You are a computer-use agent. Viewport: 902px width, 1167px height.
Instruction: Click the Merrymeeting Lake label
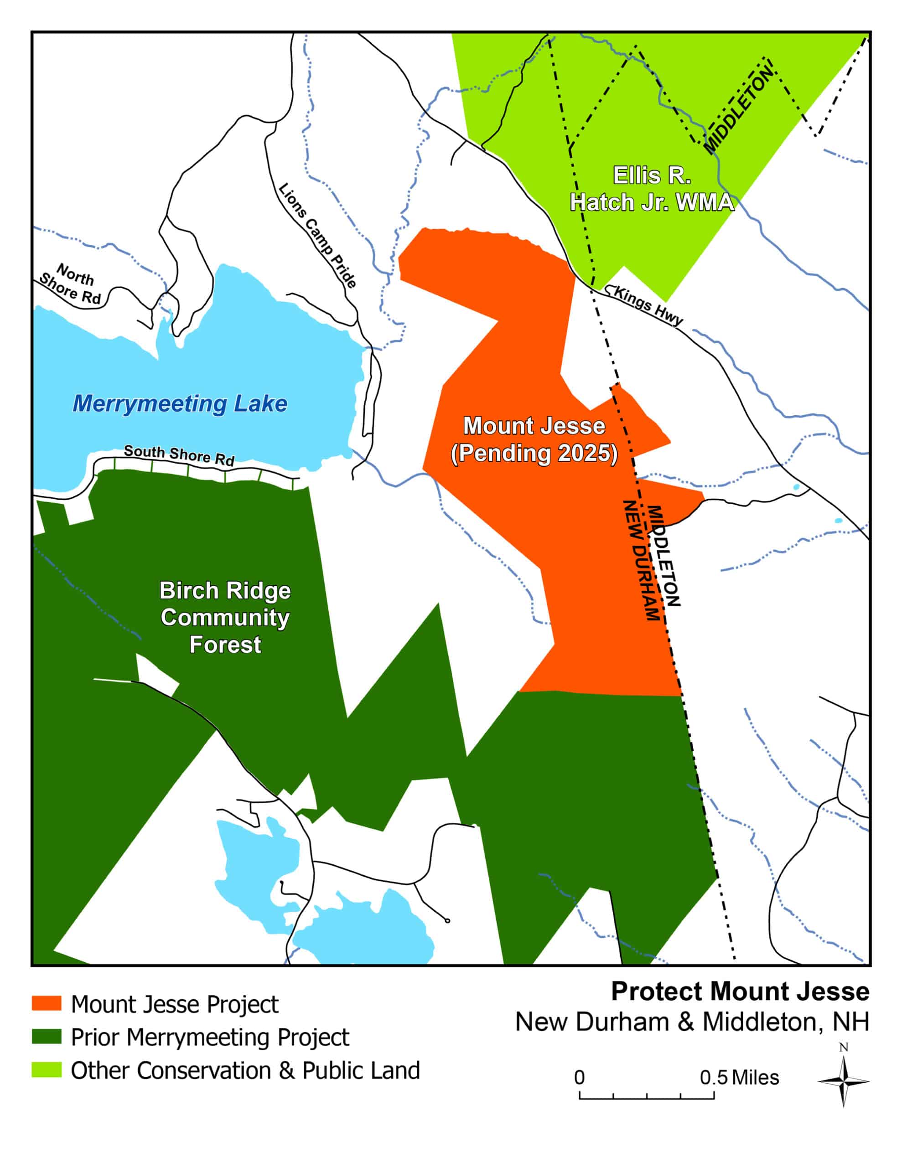click(x=180, y=404)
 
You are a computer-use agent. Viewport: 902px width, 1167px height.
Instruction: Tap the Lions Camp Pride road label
click(x=317, y=236)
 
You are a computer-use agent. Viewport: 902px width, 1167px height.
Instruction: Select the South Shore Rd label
click(x=179, y=455)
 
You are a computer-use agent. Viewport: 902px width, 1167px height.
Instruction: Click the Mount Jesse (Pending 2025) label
click(x=534, y=439)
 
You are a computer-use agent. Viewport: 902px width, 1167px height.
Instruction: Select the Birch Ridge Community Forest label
click(x=225, y=617)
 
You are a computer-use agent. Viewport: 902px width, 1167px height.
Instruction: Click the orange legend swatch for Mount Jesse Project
click(x=47, y=1003)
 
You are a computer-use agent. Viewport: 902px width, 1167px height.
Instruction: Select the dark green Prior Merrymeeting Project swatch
click(x=47, y=1036)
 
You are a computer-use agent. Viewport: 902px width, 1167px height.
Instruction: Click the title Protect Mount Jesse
click(x=740, y=992)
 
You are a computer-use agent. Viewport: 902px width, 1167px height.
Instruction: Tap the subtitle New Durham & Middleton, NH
click(x=692, y=1022)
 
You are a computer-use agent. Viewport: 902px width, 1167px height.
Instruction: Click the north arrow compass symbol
click(x=843, y=1081)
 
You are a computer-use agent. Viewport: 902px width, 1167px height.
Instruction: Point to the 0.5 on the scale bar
click(x=713, y=1077)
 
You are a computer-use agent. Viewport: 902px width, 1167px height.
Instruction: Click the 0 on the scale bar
click(x=579, y=1077)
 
